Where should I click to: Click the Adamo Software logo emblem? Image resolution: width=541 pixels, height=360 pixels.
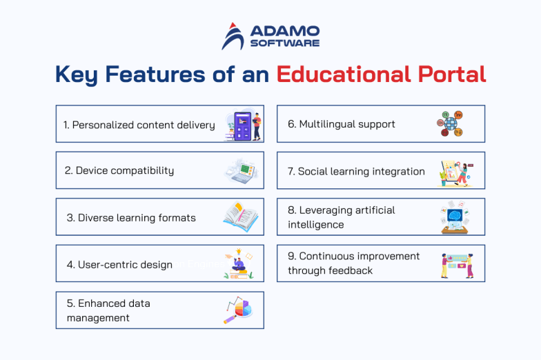(x=233, y=37)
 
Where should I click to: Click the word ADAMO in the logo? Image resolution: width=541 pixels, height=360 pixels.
(x=284, y=30)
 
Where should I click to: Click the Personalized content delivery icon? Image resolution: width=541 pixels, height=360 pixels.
(x=243, y=126)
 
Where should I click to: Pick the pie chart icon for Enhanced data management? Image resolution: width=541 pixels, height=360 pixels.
(x=239, y=310)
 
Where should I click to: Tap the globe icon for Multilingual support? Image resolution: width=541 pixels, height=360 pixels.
(x=450, y=125)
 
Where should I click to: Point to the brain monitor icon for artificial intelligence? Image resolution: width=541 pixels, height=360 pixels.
(x=455, y=218)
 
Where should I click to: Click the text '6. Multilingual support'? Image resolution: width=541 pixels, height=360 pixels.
(x=342, y=124)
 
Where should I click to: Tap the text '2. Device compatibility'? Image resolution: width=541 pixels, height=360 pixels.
(x=119, y=170)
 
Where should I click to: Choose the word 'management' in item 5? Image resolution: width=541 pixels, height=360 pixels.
(x=98, y=318)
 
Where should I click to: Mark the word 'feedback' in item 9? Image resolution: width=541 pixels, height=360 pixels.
(x=349, y=271)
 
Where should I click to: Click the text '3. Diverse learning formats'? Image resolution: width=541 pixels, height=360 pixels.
(x=131, y=218)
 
